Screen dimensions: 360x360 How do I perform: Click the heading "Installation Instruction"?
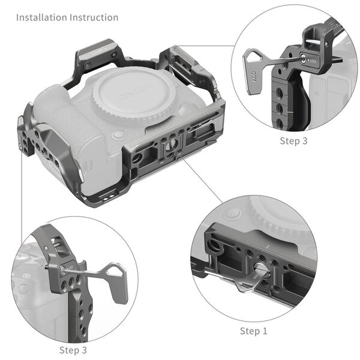[x=67, y=17]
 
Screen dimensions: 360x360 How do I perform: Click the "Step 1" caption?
[x=254, y=331]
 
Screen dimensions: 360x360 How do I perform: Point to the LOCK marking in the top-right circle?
[x=312, y=61]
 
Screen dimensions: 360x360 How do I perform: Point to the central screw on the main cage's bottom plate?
[x=172, y=143]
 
